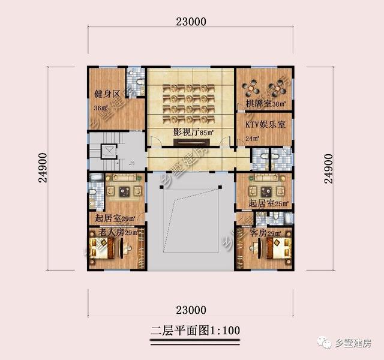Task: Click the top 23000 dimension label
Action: point(191,22)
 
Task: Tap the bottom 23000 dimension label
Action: point(191,310)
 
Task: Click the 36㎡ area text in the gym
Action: point(101,109)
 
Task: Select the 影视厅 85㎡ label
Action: point(194,131)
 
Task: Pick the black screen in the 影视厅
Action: point(191,142)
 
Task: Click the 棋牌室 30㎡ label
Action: point(265,104)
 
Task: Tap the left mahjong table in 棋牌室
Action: point(251,88)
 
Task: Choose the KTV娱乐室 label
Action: point(266,124)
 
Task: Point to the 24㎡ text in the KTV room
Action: point(253,138)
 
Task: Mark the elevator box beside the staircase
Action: point(109,151)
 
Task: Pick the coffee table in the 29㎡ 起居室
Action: point(125,191)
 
